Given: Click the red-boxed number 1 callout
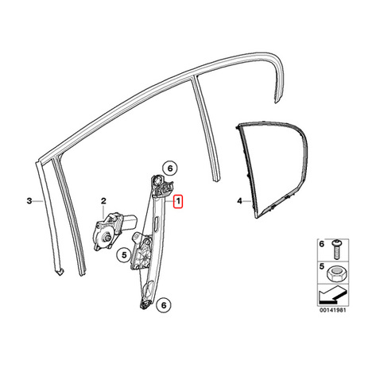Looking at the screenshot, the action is click(178, 202).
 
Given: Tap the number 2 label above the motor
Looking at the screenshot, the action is click(103, 201).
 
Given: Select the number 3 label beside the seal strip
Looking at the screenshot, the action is click(29, 201).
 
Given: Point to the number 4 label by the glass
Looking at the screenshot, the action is click(240, 201).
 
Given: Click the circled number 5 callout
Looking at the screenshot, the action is click(124, 255).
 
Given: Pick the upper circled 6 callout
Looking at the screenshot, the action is click(170, 168).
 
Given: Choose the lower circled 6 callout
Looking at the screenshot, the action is click(164, 305).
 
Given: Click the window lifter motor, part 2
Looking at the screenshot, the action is click(114, 231).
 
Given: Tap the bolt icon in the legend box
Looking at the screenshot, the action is click(336, 250).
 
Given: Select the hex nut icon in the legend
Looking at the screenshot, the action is click(337, 273).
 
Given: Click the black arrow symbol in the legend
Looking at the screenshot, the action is click(332, 294).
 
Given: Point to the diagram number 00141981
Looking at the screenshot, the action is click(332, 310).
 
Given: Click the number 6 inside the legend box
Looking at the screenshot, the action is click(322, 244).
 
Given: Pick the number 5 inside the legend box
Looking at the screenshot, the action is click(322, 266).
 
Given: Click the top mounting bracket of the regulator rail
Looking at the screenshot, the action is click(161, 186).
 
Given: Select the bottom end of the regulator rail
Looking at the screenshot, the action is click(145, 304).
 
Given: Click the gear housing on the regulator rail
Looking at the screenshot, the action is click(141, 252).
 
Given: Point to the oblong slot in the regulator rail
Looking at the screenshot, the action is click(156, 222).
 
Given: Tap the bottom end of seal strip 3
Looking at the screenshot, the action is click(60, 272).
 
